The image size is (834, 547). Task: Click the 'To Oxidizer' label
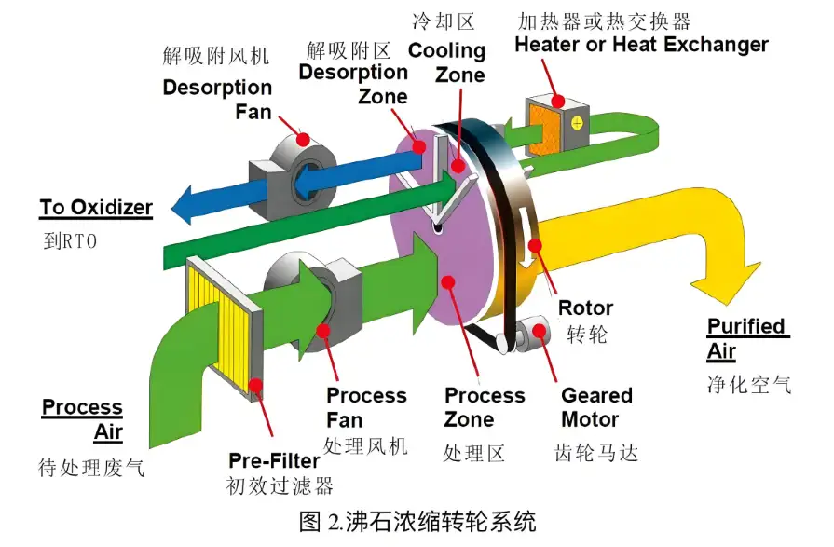pyautogui.click(x=96, y=207)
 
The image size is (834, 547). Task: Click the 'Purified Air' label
pyautogui.click(x=747, y=339)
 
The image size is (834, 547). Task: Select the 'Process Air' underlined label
pyautogui.click(x=83, y=419)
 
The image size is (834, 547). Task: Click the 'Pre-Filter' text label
pyautogui.click(x=274, y=460)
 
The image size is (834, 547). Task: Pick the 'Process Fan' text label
pyautogui.click(x=366, y=407)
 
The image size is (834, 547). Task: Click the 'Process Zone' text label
pyautogui.click(x=484, y=407)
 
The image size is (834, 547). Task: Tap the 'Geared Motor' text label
pyautogui.click(x=596, y=407)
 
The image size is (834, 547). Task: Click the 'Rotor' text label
pyautogui.click(x=585, y=308)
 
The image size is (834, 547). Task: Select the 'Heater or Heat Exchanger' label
pyautogui.click(x=641, y=44)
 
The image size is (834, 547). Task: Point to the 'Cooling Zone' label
pyautogui.click(x=446, y=62)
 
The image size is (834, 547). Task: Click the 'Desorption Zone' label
pyautogui.click(x=353, y=84)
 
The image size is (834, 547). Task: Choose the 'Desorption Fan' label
pyautogui.click(x=217, y=100)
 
